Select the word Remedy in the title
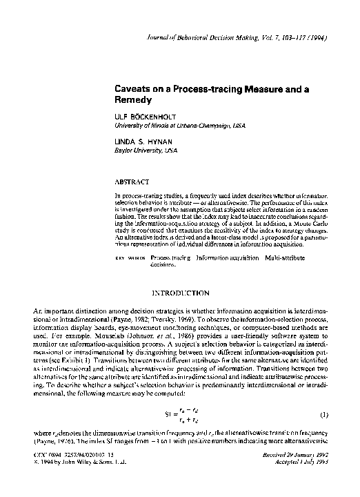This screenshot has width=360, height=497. click(133, 100)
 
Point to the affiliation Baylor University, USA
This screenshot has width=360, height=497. click(147, 150)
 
